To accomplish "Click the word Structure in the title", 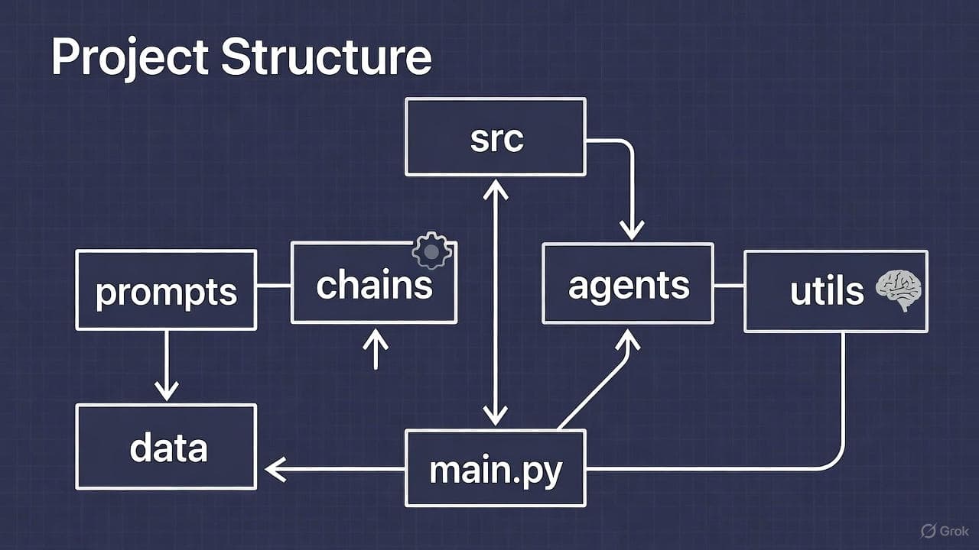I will (327, 58).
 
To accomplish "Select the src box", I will (496, 137).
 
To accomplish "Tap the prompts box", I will (166, 290).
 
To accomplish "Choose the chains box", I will (373, 284).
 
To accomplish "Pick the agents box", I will (628, 284).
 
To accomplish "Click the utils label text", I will (826, 291).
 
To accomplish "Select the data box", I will (166, 447).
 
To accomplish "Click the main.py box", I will (496, 468).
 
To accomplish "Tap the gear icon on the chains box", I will (431, 250).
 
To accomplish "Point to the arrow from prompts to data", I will (166, 367).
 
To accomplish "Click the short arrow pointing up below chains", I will (375, 349).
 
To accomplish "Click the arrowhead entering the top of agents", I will (632, 227).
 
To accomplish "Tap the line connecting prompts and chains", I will (273, 286).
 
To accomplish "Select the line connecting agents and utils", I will (729, 286).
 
